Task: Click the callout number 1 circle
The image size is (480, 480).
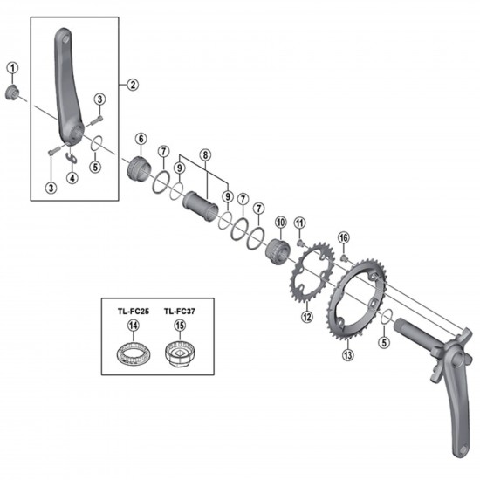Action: tap(12, 66)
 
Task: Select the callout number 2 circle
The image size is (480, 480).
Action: tap(133, 85)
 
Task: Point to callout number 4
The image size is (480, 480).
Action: tap(73, 177)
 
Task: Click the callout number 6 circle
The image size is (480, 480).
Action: tap(140, 137)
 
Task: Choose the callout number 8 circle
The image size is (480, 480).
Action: tap(206, 155)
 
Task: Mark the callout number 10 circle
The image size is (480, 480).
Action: tap(281, 223)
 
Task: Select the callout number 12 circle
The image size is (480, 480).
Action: tap(307, 316)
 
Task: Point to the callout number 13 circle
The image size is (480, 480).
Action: tap(349, 355)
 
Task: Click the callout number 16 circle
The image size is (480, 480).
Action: tap(343, 237)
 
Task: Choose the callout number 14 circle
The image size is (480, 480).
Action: tap(134, 326)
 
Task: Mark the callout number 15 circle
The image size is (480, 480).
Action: tap(181, 326)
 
